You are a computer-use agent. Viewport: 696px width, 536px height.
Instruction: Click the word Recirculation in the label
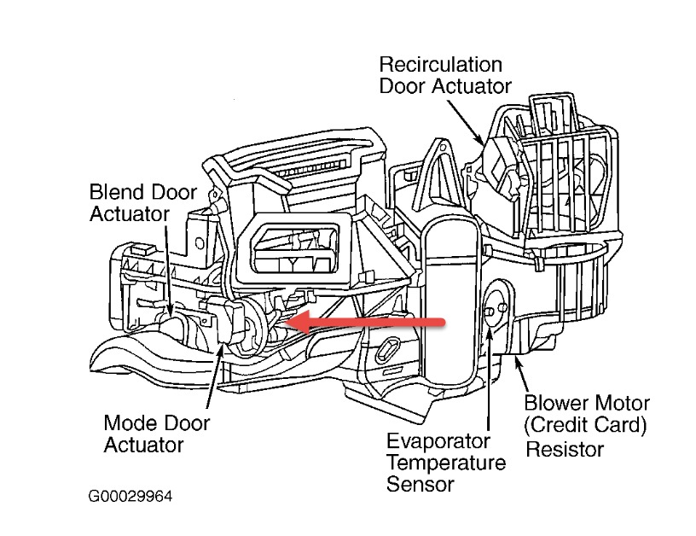440,65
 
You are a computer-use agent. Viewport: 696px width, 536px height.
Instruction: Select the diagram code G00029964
134,495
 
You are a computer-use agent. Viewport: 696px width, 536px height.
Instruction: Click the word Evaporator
438,442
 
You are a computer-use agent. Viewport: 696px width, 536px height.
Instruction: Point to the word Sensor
420,484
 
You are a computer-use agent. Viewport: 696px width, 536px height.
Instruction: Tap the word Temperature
446,463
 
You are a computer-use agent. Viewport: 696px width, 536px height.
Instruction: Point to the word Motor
622,402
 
